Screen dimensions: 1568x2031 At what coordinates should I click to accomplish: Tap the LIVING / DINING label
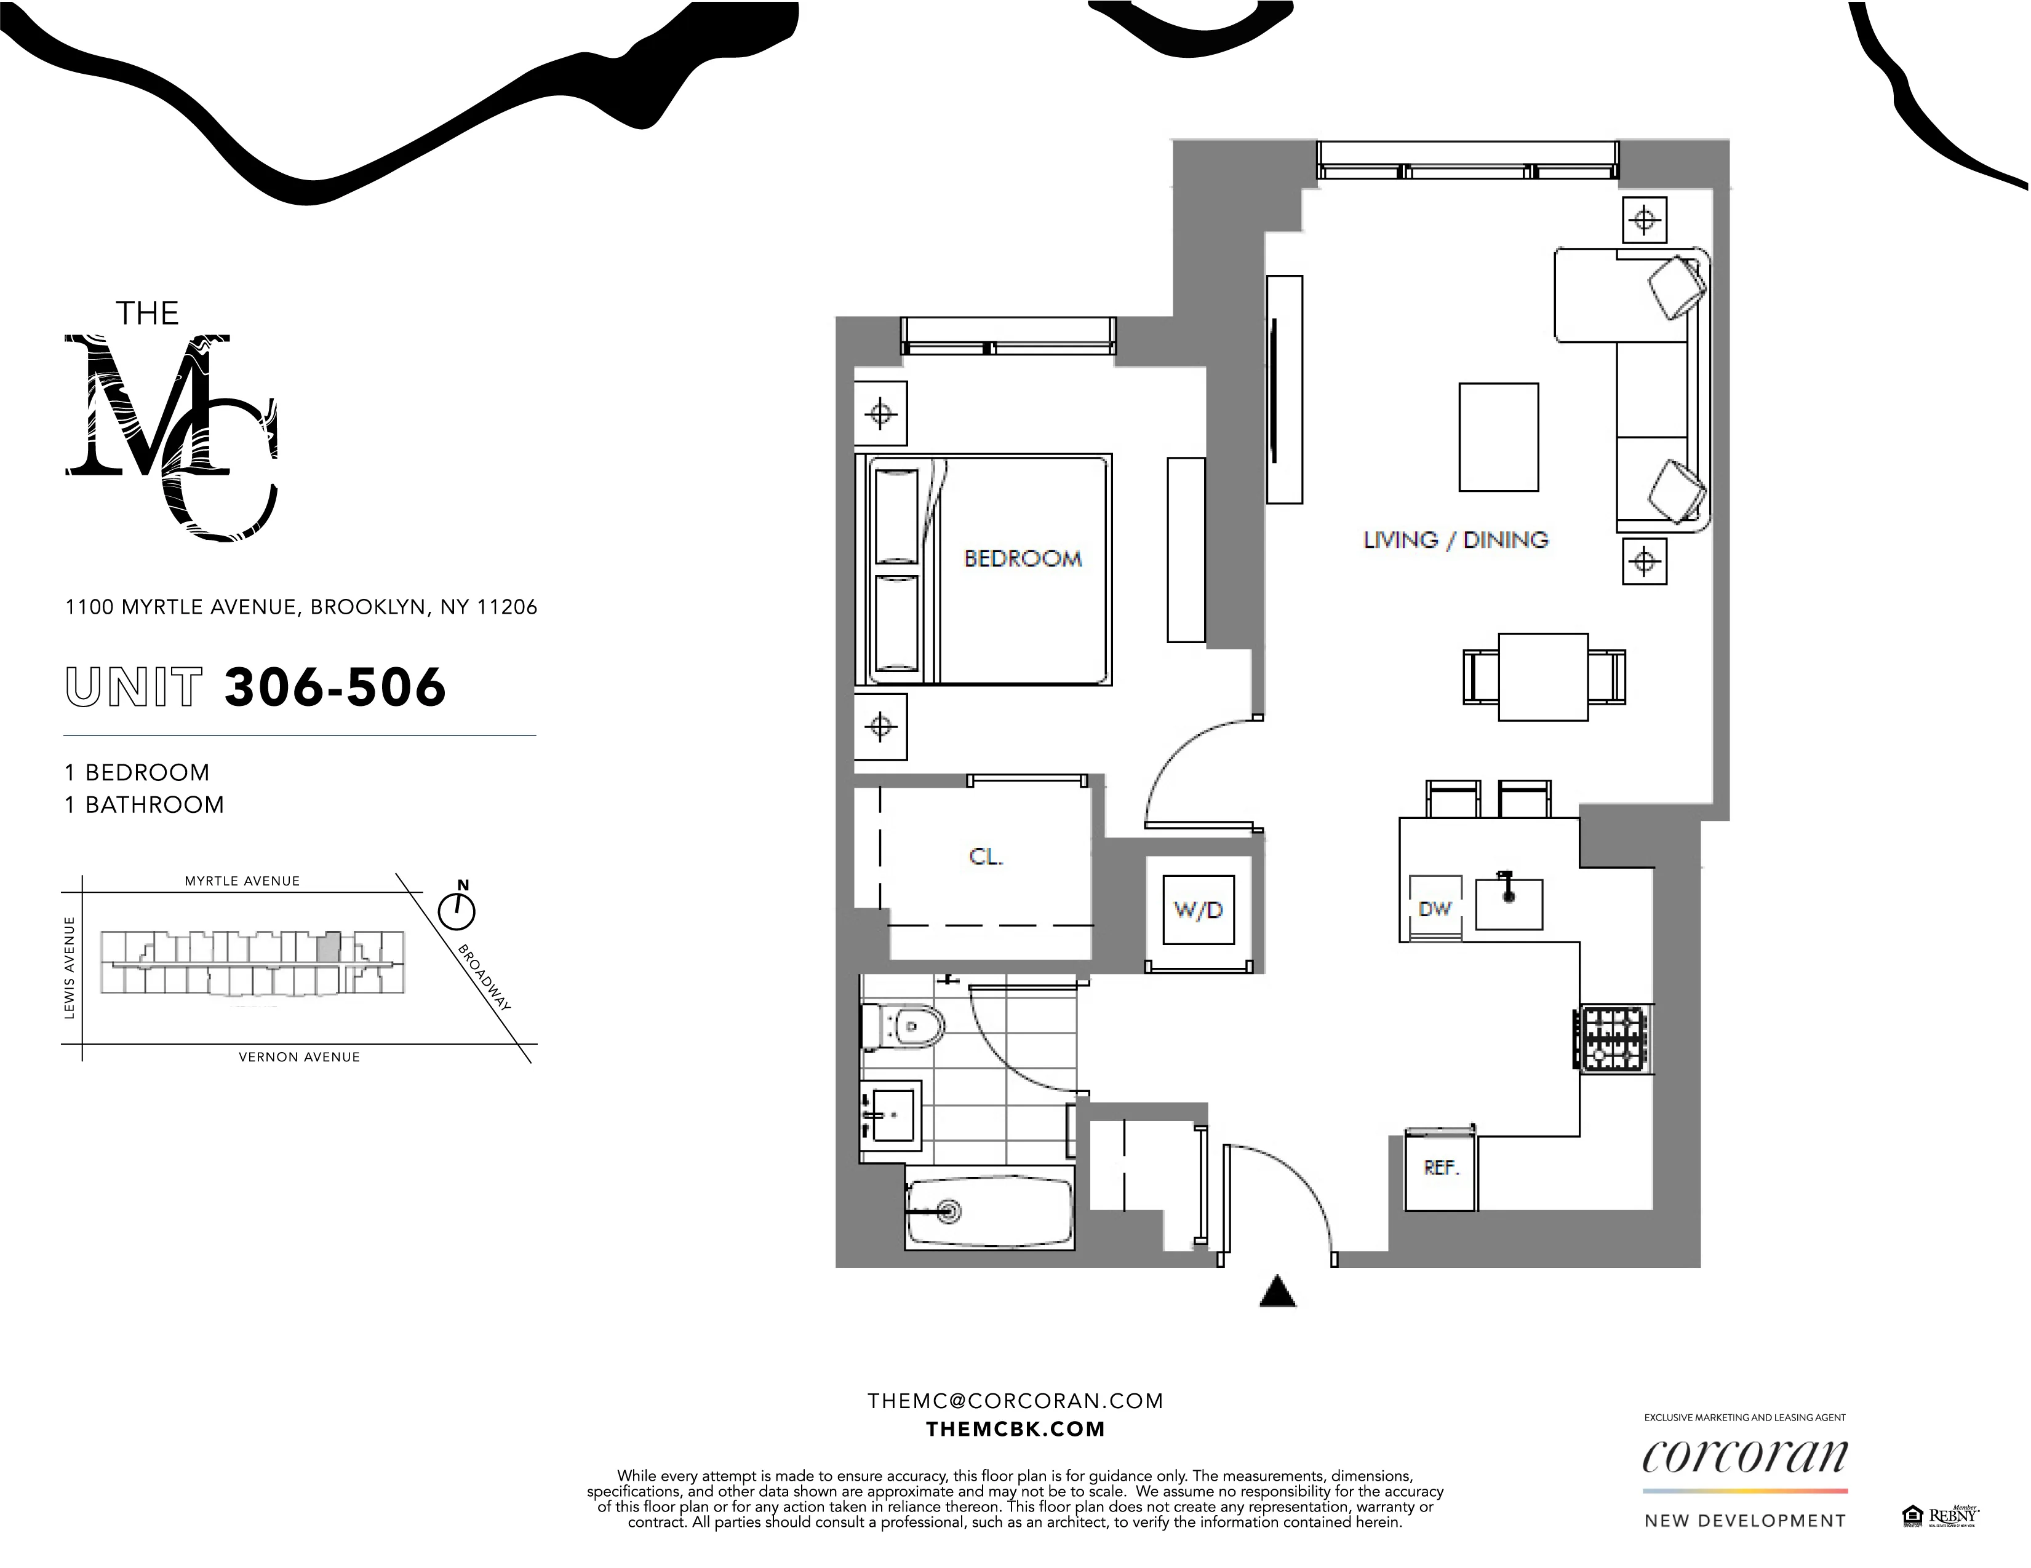point(1455,540)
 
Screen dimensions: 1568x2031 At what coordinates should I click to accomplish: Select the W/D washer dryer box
point(1198,910)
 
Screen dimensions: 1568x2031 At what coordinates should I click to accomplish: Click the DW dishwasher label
point(1434,909)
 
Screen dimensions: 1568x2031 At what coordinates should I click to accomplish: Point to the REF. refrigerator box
point(1440,1168)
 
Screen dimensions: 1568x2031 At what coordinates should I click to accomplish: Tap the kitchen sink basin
point(1509,903)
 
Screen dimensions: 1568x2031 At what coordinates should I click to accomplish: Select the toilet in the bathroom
point(904,1026)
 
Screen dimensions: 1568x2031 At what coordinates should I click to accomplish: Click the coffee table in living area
point(1498,437)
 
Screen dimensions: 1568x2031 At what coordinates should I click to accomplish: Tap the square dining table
point(1542,676)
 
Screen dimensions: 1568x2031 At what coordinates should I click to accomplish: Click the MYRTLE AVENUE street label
point(242,881)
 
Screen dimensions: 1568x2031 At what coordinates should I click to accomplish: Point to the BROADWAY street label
point(484,978)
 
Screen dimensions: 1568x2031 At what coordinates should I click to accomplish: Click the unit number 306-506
point(335,688)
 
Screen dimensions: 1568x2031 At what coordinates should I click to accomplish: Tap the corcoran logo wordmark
point(1744,1457)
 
